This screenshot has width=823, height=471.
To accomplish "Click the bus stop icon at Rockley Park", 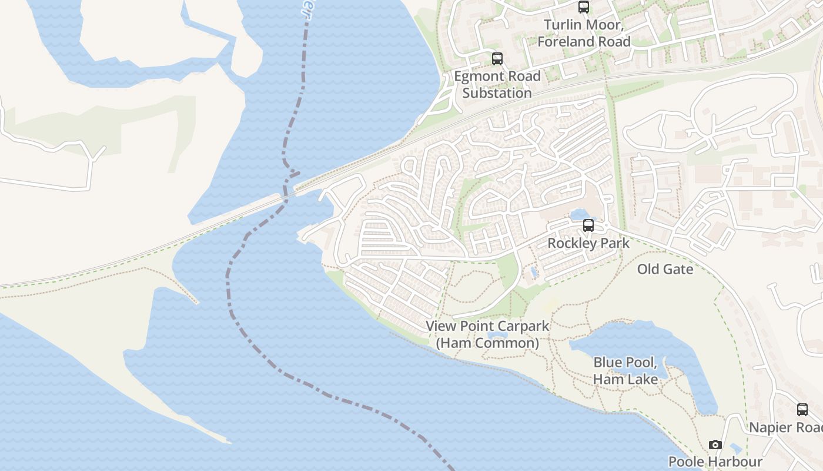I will [588, 225].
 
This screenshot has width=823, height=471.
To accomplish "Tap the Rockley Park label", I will [588, 243].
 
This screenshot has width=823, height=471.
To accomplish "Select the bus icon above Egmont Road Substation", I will [497, 59].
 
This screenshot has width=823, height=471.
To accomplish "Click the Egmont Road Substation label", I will [497, 85].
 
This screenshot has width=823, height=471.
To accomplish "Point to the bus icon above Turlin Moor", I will [584, 7].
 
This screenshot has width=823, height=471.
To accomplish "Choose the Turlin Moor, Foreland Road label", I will [584, 33].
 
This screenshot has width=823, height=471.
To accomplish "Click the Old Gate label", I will [665, 269].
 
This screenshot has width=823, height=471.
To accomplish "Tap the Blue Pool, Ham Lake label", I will [625, 371].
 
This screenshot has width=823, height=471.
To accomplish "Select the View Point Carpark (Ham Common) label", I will [487, 334].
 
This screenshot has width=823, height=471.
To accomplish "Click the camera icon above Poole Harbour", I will [715, 445].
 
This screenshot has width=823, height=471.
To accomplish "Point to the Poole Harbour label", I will [715, 462].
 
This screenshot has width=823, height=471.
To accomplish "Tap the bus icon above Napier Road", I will [802, 410].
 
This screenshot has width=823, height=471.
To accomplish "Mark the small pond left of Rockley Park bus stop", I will [577, 214].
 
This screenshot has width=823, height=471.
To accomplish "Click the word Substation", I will [497, 93].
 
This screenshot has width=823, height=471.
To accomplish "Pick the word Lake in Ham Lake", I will [643, 379].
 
